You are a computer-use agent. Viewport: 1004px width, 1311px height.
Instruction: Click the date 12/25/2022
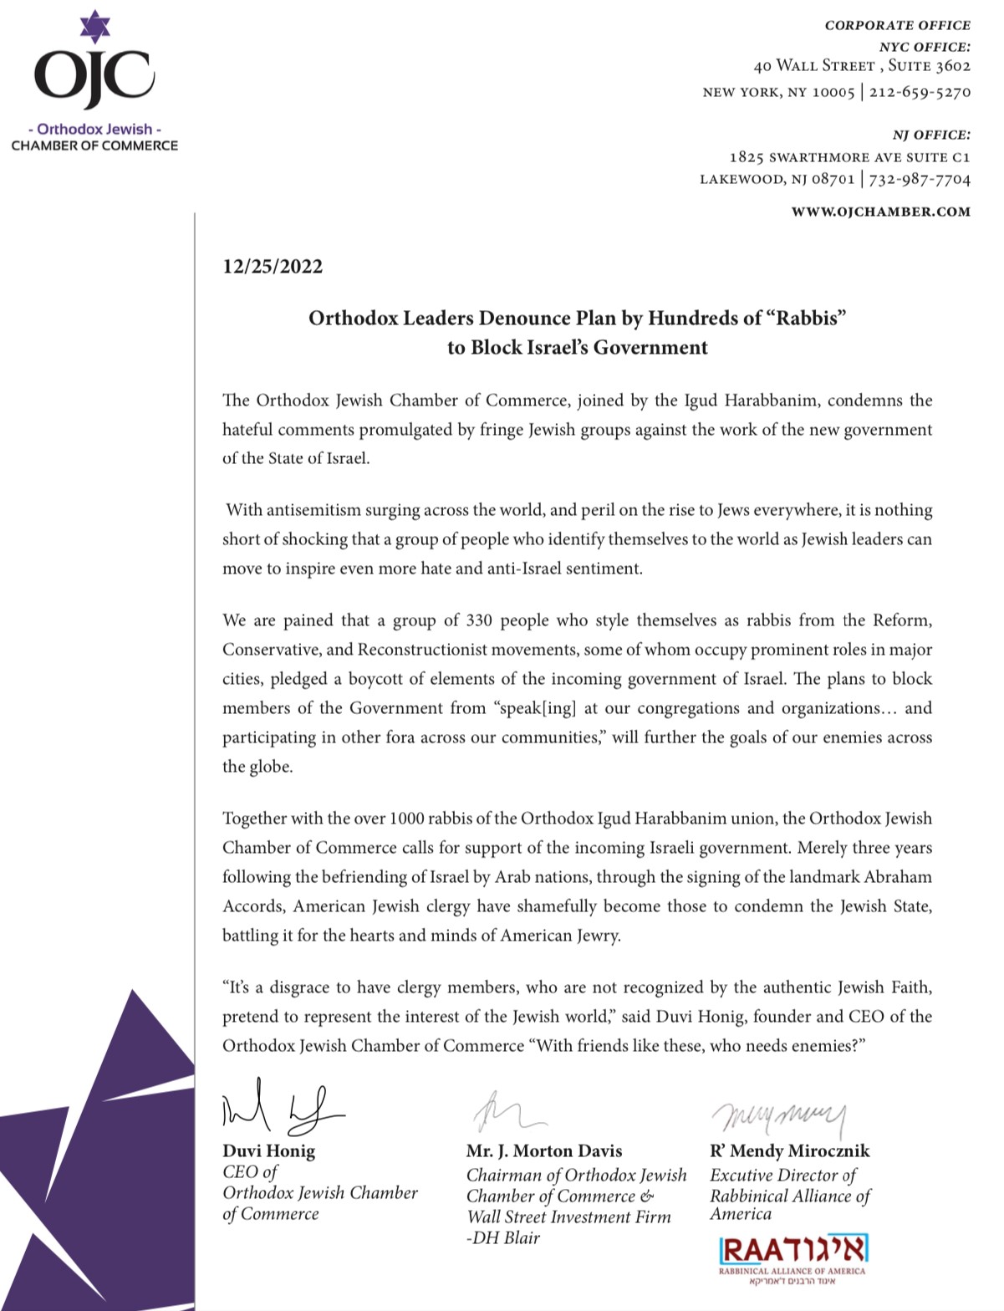(x=273, y=267)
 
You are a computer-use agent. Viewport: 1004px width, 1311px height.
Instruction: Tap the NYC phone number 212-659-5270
(x=920, y=91)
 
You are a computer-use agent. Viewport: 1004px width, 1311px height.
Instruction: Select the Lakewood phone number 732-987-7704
(x=920, y=179)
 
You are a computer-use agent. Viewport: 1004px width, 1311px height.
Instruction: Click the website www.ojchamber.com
(x=881, y=212)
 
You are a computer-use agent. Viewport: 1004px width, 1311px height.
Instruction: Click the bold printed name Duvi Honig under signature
(x=268, y=1150)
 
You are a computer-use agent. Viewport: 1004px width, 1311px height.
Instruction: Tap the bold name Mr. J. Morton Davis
(x=544, y=1150)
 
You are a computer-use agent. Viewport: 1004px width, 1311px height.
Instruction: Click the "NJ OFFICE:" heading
(x=931, y=135)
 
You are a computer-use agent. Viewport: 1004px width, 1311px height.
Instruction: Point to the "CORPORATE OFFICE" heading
(x=897, y=25)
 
